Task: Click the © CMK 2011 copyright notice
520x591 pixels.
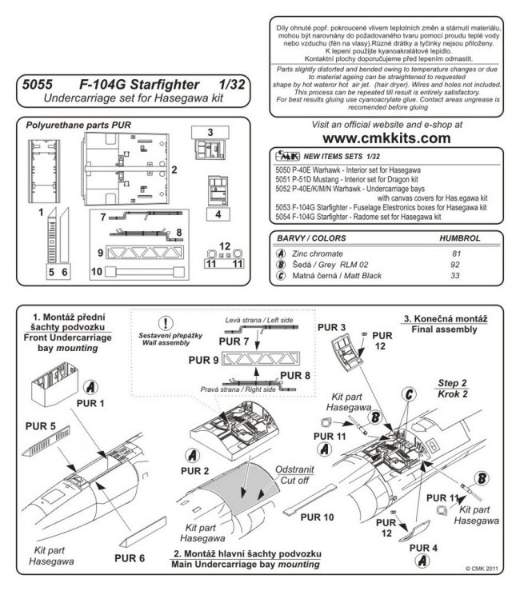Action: pos(483,569)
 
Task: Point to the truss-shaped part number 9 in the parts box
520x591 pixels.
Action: pos(148,250)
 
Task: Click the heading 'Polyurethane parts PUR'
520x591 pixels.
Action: pos(78,126)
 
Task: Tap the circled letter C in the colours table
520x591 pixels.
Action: pos(279,276)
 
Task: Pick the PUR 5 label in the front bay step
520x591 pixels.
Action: pos(42,425)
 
